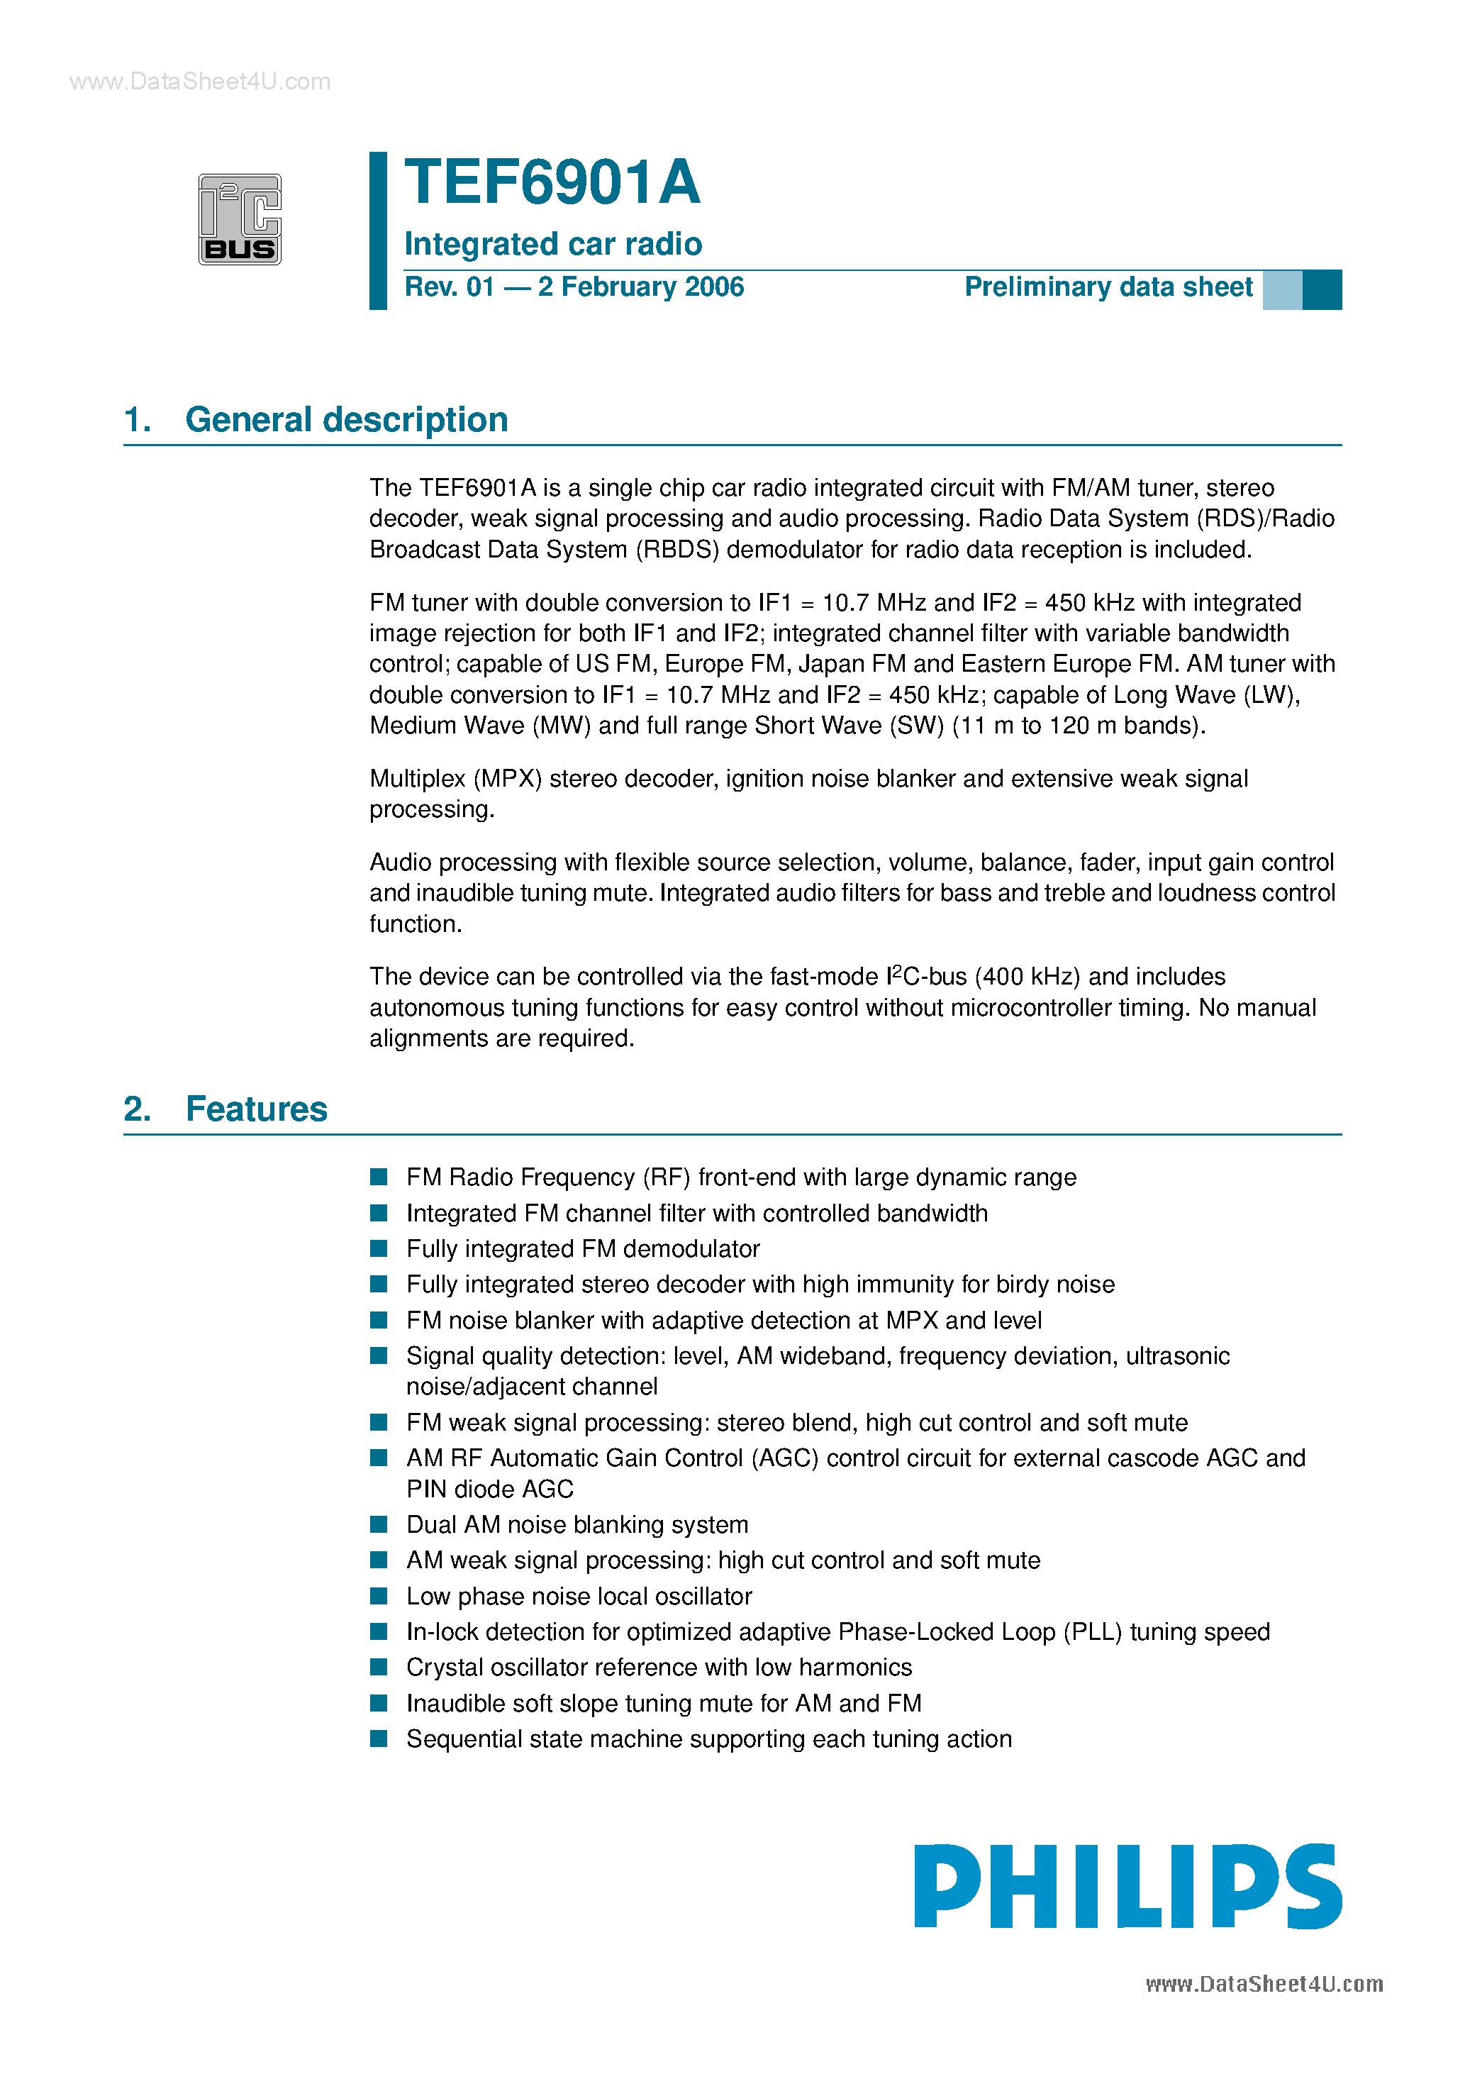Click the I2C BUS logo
(240, 219)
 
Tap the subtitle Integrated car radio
(553, 244)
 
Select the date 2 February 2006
(640, 287)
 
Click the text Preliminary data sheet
(1108, 287)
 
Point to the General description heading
(346, 420)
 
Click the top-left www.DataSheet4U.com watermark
(199, 82)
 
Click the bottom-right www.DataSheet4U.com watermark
(1264, 1984)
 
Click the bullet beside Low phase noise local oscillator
(379, 1596)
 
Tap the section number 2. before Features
(138, 1109)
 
